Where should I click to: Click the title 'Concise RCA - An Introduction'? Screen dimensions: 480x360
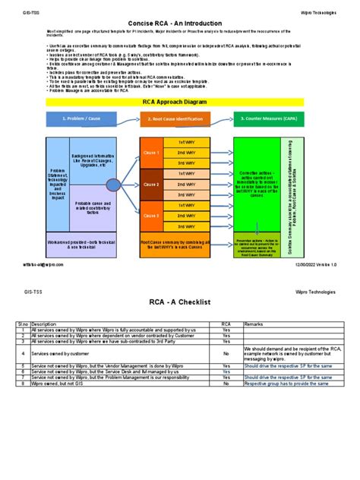[x=180, y=24]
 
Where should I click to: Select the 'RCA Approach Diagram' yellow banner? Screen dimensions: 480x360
[x=180, y=101]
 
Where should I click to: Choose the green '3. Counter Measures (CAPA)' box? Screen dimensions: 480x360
[x=267, y=119]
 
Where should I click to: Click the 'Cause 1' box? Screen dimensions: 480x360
[x=151, y=153]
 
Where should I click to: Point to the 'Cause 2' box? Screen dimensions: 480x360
[x=151, y=184]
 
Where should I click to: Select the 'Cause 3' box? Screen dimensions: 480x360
[x=151, y=216]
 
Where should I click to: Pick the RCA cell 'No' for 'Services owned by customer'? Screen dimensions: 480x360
[x=226, y=353]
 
